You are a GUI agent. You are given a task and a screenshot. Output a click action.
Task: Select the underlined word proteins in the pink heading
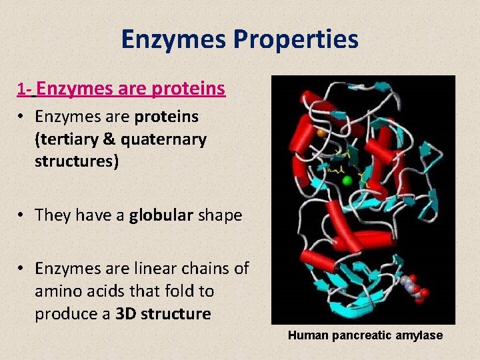pyautogui.click(x=188, y=89)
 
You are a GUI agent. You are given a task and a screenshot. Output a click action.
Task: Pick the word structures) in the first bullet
pyautogui.click(x=77, y=161)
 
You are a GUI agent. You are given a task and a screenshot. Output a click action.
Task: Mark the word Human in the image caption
pyautogui.click(x=307, y=335)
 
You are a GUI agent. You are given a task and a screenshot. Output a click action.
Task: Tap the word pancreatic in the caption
pyautogui.click(x=365, y=335)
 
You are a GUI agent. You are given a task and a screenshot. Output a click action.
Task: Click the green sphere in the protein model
pyautogui.click(x=347, y=180)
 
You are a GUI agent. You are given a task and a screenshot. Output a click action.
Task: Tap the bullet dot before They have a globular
pyautogui.click(x=22, y=215)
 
